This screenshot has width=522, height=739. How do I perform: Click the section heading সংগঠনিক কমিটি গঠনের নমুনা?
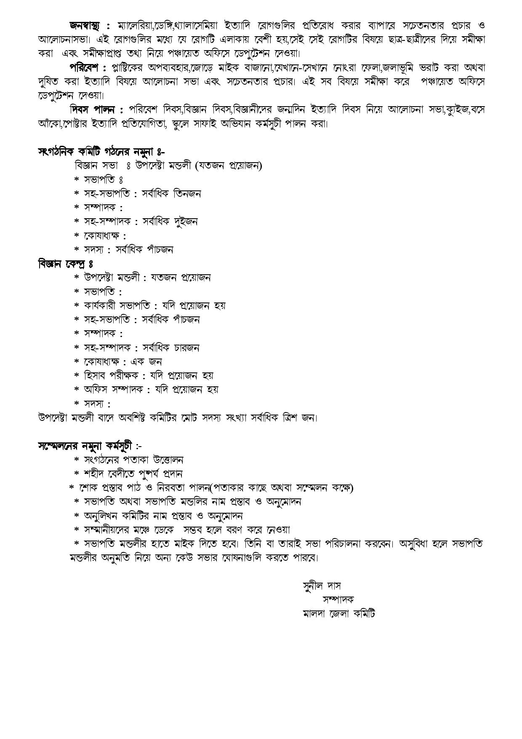(x=101, y=152)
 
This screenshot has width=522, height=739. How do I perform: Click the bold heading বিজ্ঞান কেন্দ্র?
(x=65, y=264)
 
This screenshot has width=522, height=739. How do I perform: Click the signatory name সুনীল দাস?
(x=322, y=586)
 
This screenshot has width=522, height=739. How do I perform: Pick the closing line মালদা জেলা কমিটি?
(x=339, y=613)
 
